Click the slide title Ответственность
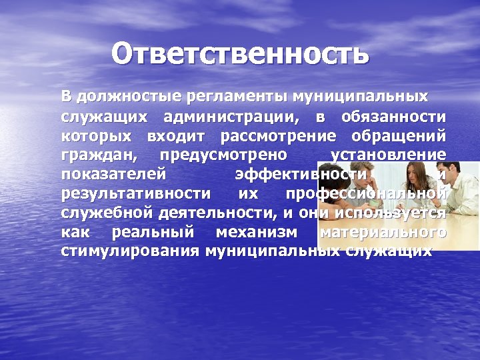pyautogui.click(x=239, y=54)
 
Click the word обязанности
pyautogui.click(x=393, y=118)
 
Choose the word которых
pyautogui.click(x=99, y=137)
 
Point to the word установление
pyautogui.click(x=389, y=155)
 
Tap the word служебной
pyautogui.click(x=107, y=213)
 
